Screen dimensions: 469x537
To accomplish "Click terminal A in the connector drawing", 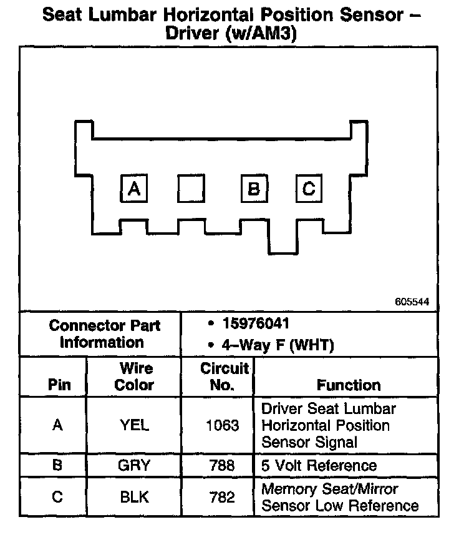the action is pos(133,188).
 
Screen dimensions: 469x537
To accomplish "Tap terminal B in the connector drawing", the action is pos(254,188).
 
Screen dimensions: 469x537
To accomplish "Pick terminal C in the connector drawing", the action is pos(308,188).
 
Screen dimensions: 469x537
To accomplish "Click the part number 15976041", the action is pos(256,324).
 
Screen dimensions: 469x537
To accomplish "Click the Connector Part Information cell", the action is pos(105,334).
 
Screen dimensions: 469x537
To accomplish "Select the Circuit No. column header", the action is pos(223,377).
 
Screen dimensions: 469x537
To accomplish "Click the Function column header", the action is pos(348,385).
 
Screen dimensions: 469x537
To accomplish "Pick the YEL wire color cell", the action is pos(134,426).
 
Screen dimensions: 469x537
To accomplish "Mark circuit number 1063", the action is pos(222,426).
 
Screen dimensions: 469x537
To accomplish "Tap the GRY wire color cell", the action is pos(134,466).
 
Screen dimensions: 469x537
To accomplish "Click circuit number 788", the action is pos(222,466).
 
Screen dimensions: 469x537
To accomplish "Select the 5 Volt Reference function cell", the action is pos(319,466).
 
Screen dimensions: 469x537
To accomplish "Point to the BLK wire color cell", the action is pos(134,497).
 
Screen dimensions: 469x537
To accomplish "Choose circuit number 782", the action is pos(222,497).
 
